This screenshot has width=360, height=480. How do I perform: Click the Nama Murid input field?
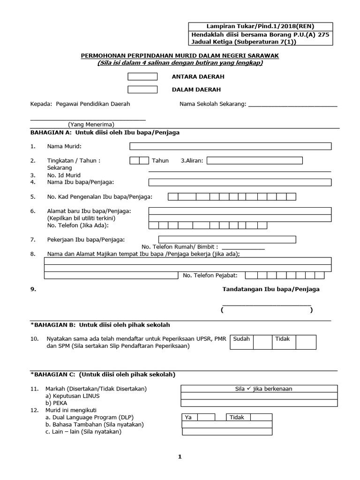(230, 146)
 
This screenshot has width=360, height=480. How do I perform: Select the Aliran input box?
(255, 160)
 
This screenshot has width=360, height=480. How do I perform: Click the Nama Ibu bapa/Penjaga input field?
(240, 182)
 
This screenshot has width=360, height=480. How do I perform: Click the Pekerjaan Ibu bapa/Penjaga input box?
(227, 240)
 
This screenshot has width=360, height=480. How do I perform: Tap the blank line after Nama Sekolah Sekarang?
(292, 105)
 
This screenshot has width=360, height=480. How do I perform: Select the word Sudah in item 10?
(241, 338)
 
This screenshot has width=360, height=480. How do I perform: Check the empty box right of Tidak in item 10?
(306, 342)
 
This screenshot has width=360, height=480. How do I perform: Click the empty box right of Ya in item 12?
(207, 417)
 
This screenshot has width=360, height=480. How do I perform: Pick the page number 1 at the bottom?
(180, 457)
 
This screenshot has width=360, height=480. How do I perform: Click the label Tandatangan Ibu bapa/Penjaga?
(270, 289)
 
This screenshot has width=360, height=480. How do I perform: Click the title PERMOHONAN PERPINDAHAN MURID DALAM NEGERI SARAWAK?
(180, 56)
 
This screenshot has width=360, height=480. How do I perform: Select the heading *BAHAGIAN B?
(100, 324)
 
